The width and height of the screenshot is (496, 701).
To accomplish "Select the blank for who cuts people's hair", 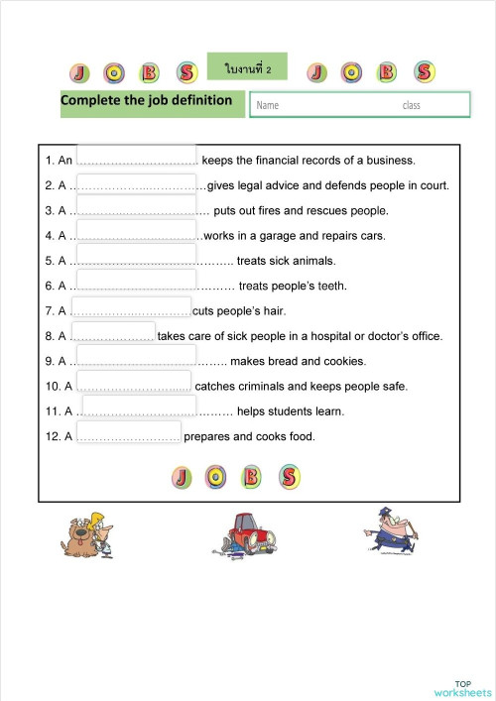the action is [132, 308].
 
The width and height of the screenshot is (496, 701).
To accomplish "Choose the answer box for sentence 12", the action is [128, 433].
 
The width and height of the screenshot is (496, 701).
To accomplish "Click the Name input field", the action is [359, 104].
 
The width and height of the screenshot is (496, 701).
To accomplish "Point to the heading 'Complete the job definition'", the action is [147, 100].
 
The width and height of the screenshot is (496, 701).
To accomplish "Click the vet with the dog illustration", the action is [89, 537].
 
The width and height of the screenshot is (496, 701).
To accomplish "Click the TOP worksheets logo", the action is [462, 687].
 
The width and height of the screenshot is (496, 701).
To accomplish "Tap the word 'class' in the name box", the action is [411, 105].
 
